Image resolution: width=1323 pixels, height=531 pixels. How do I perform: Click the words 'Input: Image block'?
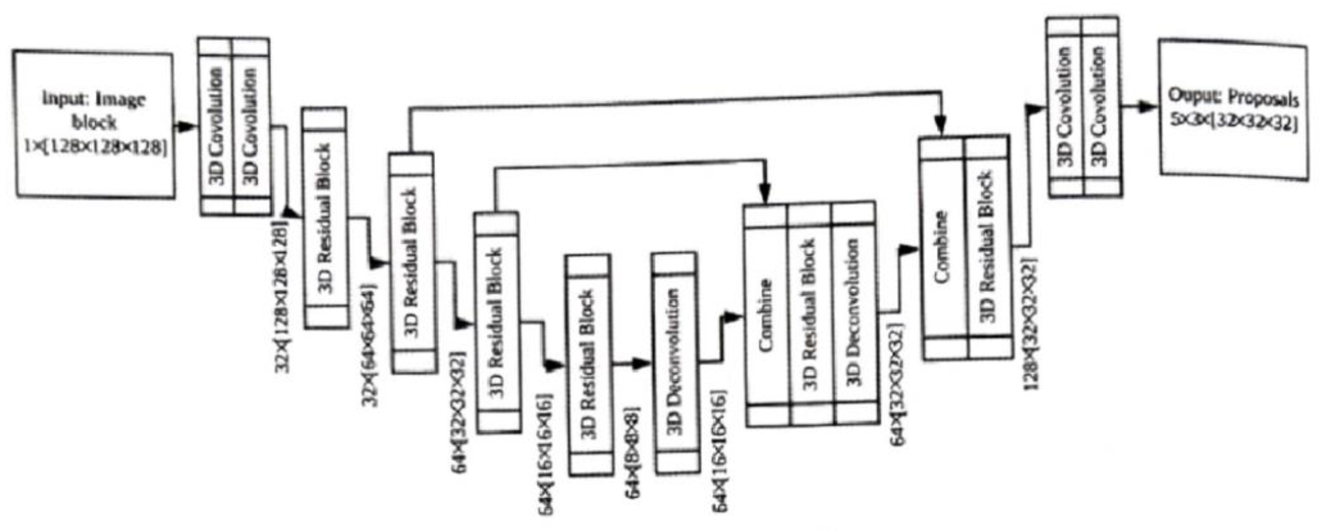[94, 110]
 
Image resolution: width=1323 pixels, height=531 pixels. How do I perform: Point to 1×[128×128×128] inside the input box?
[95, 148]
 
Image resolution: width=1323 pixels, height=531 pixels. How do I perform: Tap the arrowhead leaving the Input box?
[189, 126]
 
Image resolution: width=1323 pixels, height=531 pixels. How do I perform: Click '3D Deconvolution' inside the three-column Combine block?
[853, 313]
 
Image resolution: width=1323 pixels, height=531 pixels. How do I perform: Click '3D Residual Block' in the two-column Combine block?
[987, 246]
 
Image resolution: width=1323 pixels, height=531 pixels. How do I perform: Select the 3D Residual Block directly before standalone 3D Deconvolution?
[589, 364]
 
